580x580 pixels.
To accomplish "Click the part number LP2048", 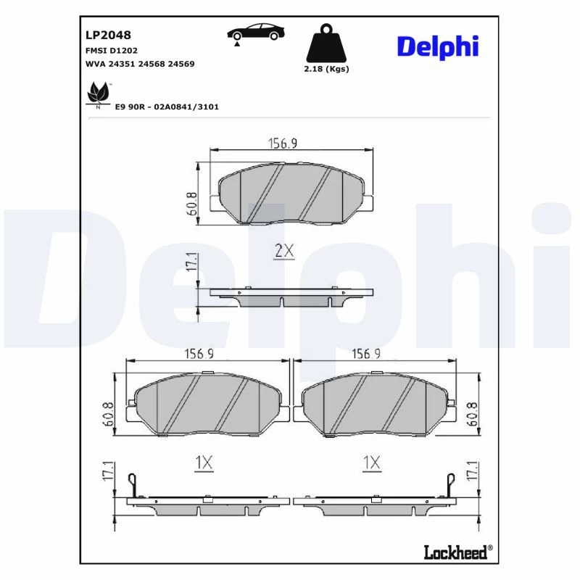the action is [x=108, y=35].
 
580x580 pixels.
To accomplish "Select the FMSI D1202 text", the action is [x=112, y=50].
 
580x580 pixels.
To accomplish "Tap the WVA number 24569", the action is [x=181, y=64].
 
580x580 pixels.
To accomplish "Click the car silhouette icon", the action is [x=256, y=34].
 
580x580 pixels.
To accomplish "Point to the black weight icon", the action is [x=326, y=43].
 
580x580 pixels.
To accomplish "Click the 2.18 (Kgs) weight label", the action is [x=326, y=69].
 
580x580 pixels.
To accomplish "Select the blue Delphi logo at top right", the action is [x=438, y=47].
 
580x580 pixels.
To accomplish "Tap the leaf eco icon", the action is [x=99, y=95].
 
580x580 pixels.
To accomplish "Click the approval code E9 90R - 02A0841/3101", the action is [x=167, y=107].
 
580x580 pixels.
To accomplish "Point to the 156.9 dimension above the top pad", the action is [x=283, y=143].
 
